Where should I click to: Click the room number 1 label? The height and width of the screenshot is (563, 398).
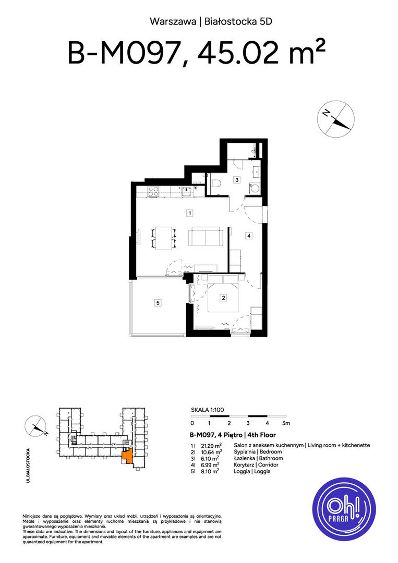click(x=190, y=213)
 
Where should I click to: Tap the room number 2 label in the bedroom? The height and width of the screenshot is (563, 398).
click(x=223, y=298)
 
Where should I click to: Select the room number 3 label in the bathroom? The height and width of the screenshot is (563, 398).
click(x=237, y=180)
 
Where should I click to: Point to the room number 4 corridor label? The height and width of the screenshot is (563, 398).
click(x=249, y=236)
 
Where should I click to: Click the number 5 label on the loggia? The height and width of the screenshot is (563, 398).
click(x=158, y=303)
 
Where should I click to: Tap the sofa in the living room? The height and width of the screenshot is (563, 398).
click(x=206, y=236)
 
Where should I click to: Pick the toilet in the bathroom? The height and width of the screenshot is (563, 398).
click(x=215, y=184)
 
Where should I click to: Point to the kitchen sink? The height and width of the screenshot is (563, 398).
click(x=186, y=191)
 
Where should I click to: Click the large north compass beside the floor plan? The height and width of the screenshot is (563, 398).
click(x=336, y=119)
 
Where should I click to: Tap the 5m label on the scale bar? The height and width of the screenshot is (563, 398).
click(x=286, y=423)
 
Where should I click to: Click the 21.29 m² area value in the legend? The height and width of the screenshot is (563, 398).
click(x=211, y=445)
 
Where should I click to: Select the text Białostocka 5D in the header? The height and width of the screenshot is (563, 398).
click(x=238, y=21)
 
